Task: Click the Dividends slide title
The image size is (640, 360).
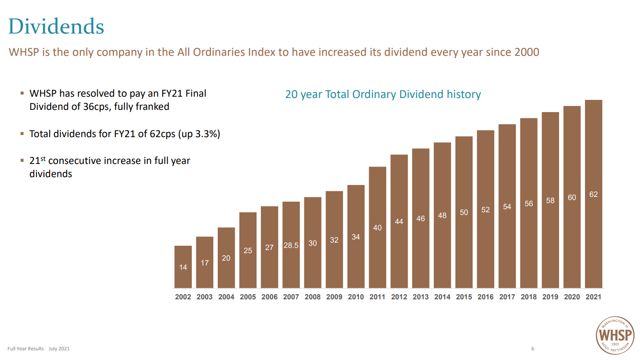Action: click(x=56, y=26)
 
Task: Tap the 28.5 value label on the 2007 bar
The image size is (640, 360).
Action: click(x=291, y=245)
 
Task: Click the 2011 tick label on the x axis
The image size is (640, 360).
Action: click(x=377, y=297)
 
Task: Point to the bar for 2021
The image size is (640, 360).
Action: click(x=593, y=193)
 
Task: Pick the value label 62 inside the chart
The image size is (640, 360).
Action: click(x=593, y=194)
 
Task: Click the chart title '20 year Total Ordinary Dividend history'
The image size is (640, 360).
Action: click(x=383, y=95)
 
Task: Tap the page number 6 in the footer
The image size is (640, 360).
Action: click(x=533, y=349)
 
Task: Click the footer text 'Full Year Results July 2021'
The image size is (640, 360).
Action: click(x=39, y=349)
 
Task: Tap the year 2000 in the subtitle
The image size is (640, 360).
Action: click(x=527, y=52)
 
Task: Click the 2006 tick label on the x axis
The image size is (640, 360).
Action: click(x=269, y=297)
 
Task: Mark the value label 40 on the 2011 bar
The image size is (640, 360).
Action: click(x=377, y=228)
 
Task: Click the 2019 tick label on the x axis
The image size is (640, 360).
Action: click(x=550, y=297)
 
